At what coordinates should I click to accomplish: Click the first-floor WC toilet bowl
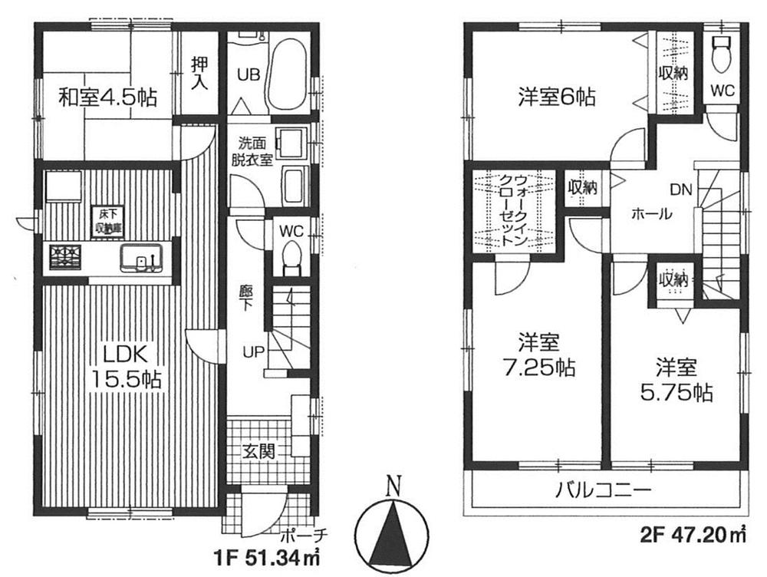click(291, 255)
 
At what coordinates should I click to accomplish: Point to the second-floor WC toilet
click(722, 54)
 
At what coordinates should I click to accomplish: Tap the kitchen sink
click(141, 257)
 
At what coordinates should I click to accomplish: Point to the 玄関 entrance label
click(260, 452)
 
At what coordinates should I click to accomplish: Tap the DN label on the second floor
click(680, 188)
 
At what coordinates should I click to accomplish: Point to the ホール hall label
click(652, 214)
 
